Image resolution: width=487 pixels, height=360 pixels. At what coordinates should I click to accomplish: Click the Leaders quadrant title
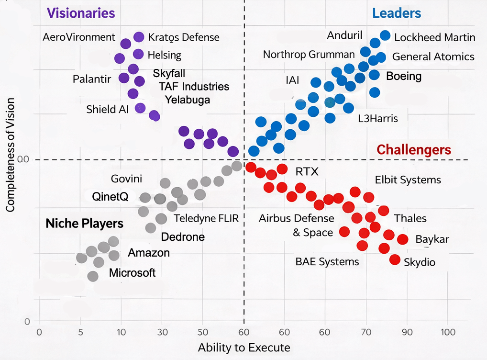tap(397, 13)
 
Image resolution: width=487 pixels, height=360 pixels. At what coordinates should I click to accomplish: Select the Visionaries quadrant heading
tap(81, 13)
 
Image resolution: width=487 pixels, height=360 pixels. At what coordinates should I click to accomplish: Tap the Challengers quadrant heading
tap(414, 150)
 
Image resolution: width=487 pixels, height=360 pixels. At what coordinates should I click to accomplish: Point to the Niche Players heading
tap(84, 223)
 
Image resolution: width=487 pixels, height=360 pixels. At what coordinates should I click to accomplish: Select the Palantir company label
tap(92, 79)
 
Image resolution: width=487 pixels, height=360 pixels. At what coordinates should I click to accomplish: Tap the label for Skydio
tap(420, 262)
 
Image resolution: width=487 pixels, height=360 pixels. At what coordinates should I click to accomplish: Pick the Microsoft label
tap(133, 273)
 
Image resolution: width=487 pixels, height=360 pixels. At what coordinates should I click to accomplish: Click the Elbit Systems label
tap(408, 180)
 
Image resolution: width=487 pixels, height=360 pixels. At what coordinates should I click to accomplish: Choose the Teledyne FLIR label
tap(206, 218)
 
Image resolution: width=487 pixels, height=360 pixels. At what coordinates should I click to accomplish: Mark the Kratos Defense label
tap(184, 37)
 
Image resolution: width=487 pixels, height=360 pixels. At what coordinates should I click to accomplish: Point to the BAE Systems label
tap(327, 261)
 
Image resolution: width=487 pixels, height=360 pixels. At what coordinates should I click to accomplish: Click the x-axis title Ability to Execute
tap(244, 348)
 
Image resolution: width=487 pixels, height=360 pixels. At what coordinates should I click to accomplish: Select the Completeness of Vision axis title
tap(10, 155)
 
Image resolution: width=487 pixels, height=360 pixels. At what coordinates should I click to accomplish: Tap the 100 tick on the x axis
tap(448, 332)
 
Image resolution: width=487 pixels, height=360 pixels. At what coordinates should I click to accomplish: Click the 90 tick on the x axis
tap(407, 332)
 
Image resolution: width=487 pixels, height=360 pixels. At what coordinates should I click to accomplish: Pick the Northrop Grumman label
tap(309, 55)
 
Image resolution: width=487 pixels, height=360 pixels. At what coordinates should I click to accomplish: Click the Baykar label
tap(432, 239)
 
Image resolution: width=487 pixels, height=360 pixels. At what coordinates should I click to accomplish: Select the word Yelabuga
tap(188, 100)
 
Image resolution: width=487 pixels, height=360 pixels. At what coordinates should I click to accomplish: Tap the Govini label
tap(126, 179)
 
